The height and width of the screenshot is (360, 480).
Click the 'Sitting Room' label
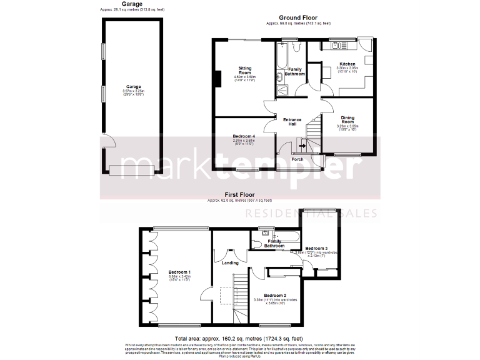click(x=244, y=69)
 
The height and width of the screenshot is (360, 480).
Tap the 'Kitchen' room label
click(x=347, y=64)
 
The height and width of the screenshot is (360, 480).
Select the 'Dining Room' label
click(x=347, y=119)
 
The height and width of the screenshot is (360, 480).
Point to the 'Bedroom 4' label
click(x=244, y=136)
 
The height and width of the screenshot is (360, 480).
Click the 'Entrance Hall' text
click(x=292, y=121)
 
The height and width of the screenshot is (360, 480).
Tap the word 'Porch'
click(x=297, y=159)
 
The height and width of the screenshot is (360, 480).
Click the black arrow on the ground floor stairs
click(x=302, y=146)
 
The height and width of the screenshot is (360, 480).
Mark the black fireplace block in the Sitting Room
click(x=217, y=79)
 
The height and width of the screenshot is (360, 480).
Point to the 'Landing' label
click(x=231, y=262)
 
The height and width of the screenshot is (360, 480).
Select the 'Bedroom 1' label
click(x=179, y=272)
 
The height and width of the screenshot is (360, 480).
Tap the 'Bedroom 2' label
click(x=274, y=295)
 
